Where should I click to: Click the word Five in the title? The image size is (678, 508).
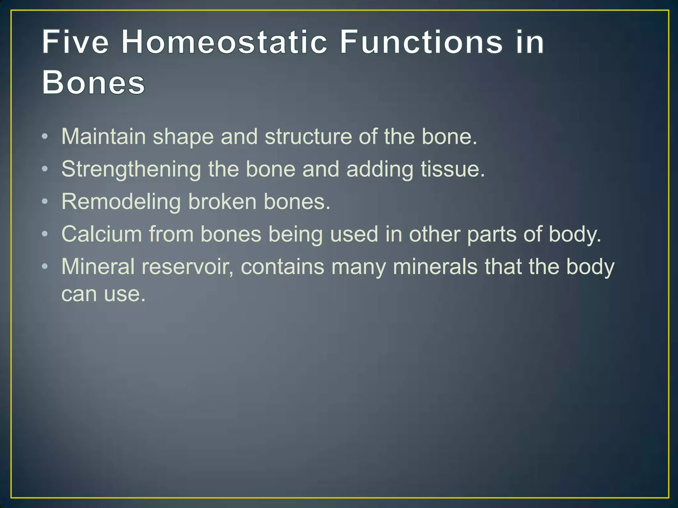pos(75,42)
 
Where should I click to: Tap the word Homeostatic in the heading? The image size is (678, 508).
pos(224,42)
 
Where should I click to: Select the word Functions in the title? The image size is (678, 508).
pos(421,42)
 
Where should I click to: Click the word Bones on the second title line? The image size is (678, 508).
pos(93,82)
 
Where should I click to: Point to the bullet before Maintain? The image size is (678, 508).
pos(45,137)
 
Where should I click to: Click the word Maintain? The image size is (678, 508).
pos(103,137)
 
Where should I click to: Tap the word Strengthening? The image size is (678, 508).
pos(131,169)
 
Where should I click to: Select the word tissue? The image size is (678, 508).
pos(452,169)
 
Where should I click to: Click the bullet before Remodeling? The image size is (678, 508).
pos(45,201)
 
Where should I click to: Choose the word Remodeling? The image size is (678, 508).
pos(121,202)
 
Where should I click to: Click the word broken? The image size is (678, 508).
pos(222,201)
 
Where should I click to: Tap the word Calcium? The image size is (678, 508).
pos(102,234)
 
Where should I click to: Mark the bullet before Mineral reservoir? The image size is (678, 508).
pos(45,267)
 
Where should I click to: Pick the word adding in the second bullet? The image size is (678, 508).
pos(380,169)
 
